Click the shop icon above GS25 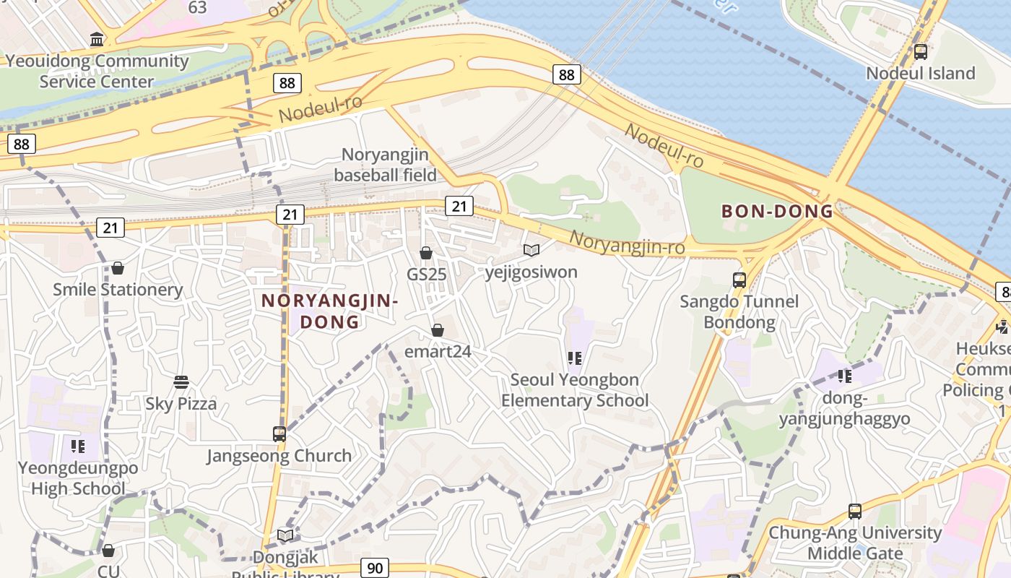(x=426, y=253)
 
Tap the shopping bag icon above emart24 (x=437, y=330)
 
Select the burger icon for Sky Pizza (x=181, y=381)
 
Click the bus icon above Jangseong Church (x=279, y=433)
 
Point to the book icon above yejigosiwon (x=531, y=250)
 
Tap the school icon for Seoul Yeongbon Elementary (x=575, y=358)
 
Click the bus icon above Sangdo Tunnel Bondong (x=739, y=280)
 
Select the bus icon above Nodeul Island (x=920, y=51)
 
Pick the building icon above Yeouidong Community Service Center (x=96, y=38)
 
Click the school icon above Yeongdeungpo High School (x=78, y=446)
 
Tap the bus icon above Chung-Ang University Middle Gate (x=855, y=511)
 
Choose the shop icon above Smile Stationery (x=118, y=268)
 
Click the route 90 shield (x=375, y=568)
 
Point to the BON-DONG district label (x=778, y=212)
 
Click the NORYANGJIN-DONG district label (x=329, y=311)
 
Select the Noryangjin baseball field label (x=385, y=165)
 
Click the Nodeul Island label (x=920, y=73)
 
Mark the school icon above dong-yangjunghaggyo (x=844, y=376)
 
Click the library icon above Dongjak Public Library (x=286, y=535)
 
